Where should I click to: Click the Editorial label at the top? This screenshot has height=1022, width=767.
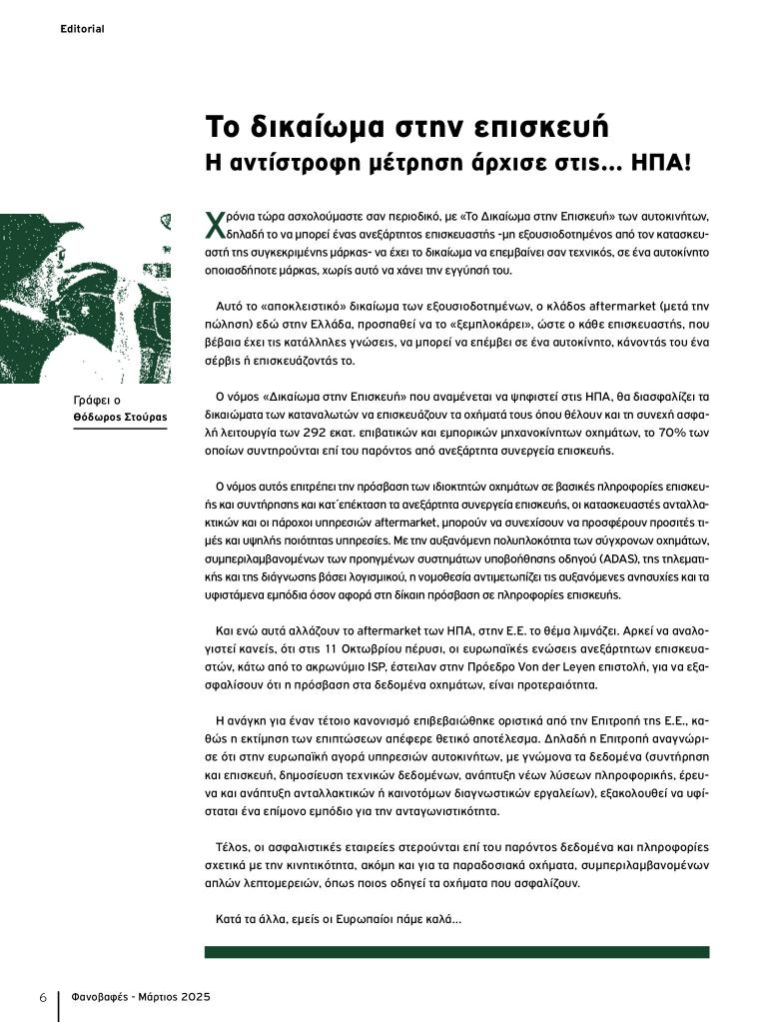(82, 29)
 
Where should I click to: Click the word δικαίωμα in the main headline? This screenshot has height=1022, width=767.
(317, 128)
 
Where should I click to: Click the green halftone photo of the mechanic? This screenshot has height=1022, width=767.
(84, 298)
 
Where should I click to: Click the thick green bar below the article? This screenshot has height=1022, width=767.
(456, 952)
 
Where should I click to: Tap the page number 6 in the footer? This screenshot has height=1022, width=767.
(43, 998)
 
